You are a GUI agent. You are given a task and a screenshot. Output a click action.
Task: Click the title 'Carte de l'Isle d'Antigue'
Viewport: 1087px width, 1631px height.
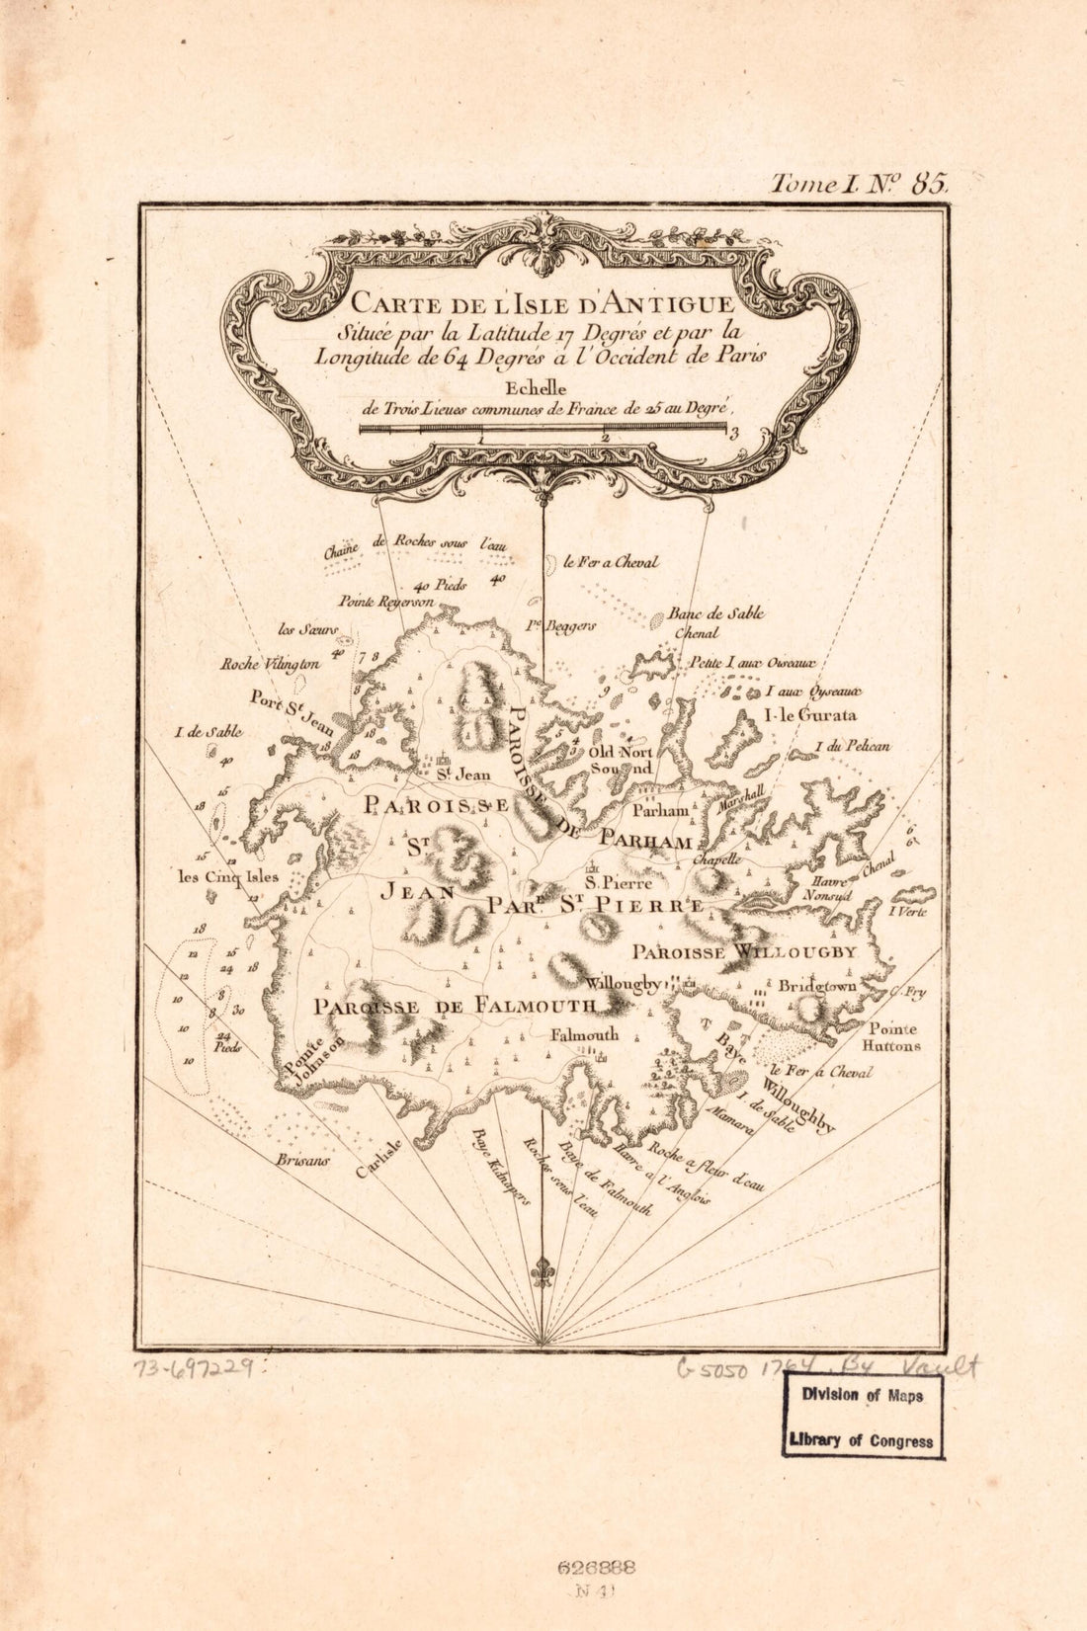tap(543, 302)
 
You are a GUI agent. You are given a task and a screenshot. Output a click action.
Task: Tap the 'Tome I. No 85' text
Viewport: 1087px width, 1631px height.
tap(859, 183)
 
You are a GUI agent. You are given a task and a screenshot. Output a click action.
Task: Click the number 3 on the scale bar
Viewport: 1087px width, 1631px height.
tap(734, 431)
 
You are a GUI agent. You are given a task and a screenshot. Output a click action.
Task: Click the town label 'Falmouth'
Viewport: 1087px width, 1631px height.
tap(584, 1034)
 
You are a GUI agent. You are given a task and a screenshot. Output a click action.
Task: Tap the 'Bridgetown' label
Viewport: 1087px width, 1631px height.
tap(816, 986)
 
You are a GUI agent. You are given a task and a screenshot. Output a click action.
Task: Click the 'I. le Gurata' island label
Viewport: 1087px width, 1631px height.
tap(810, 715)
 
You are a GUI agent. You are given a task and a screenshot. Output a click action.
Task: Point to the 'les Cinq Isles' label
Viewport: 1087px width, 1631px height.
tap(228, 876)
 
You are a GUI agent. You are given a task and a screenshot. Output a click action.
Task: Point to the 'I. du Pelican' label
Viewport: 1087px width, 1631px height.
tap(852, 747)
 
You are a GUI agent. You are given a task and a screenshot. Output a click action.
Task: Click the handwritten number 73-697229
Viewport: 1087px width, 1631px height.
tap(198, 1368)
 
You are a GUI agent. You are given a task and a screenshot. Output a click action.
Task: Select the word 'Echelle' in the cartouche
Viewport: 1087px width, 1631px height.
tap(541, 388)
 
